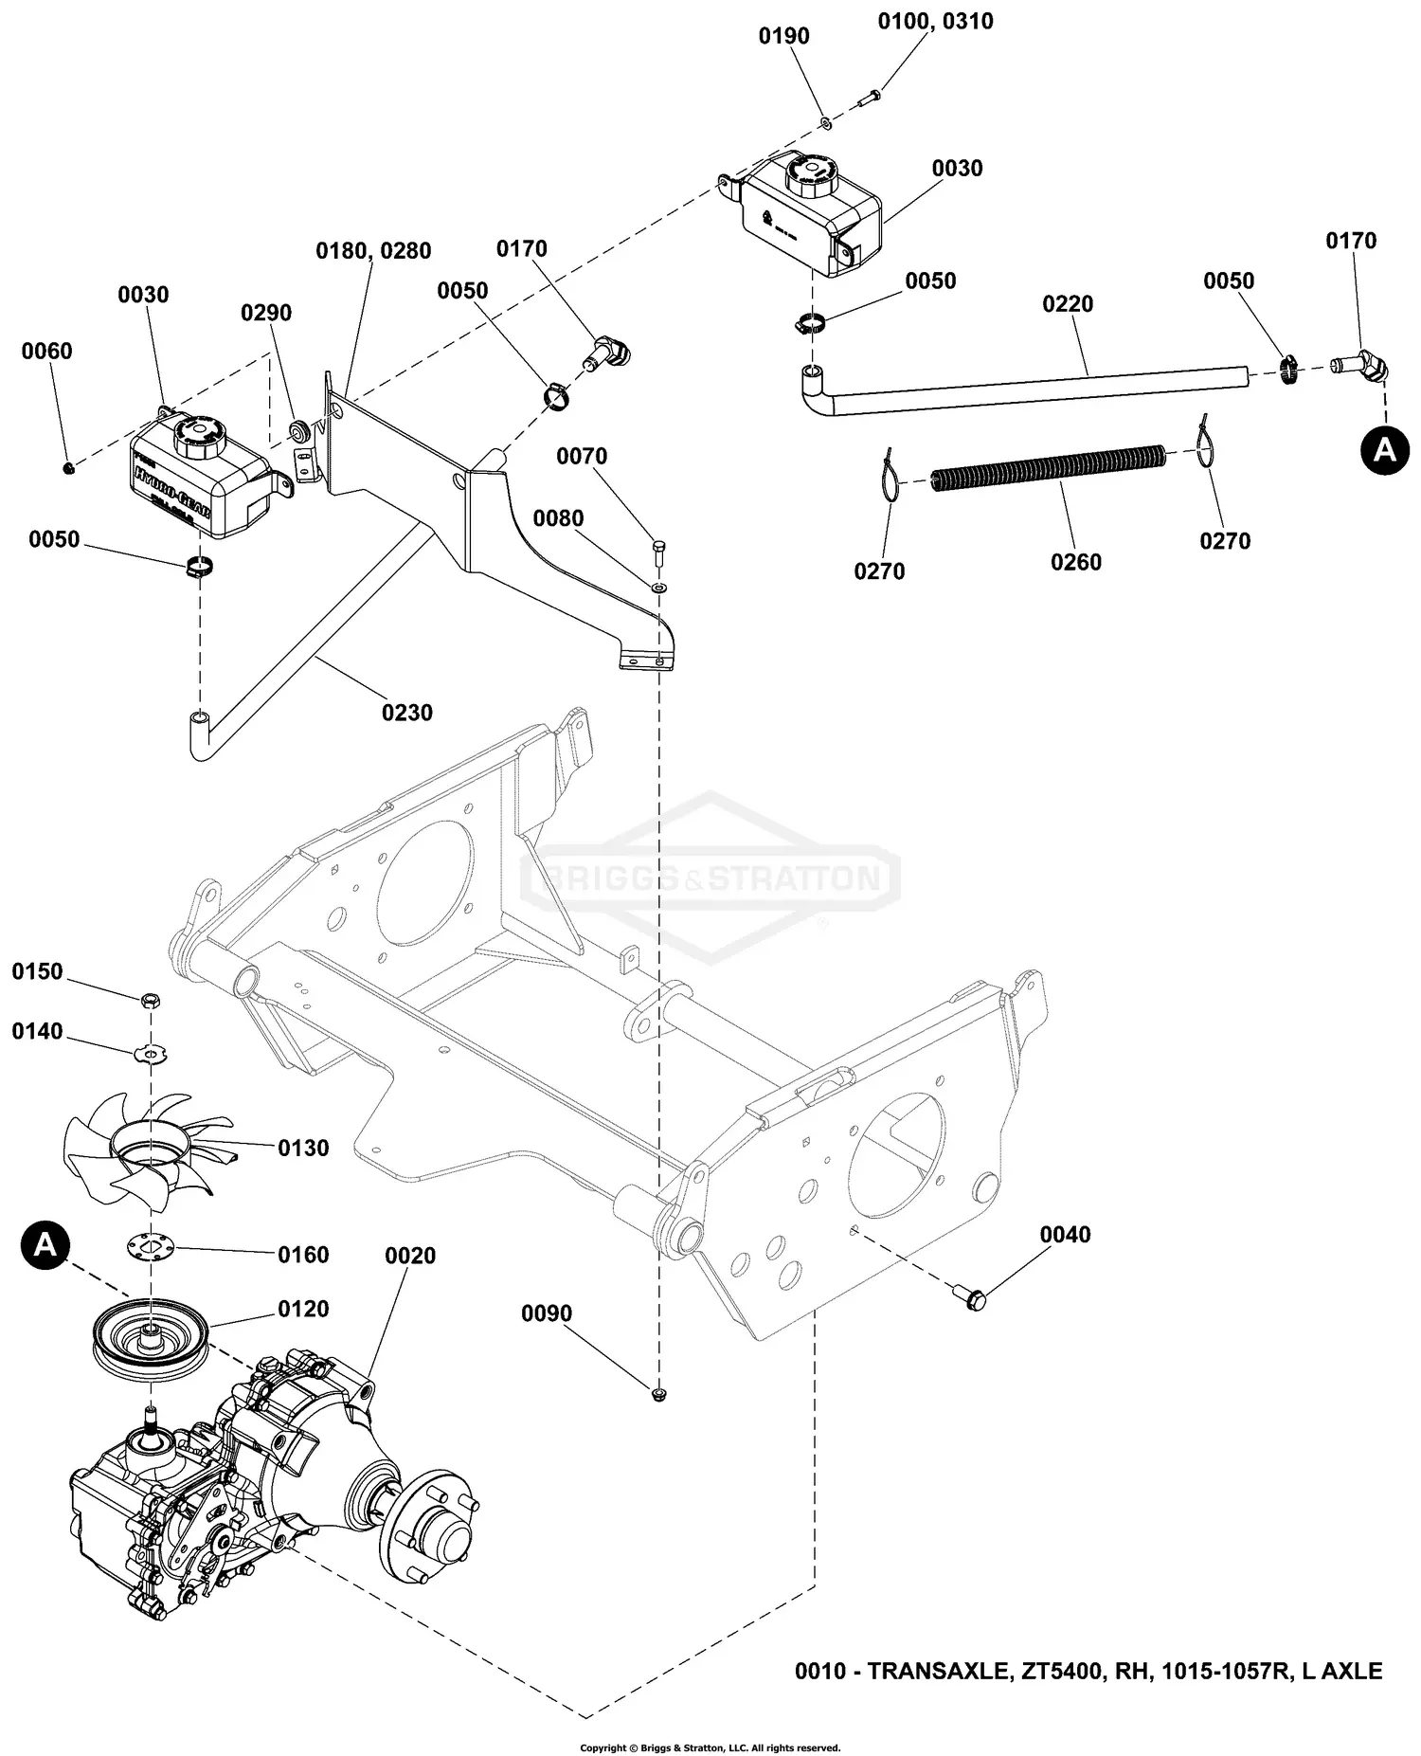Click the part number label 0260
click(x=1075, y=562)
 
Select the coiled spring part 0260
click(x=1047, y=469)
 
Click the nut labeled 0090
click(x=658, y=1393)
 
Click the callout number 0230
click(x=407, y=712)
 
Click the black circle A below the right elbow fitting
click(x=1385, y=449)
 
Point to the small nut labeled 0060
click(x=68, y=468)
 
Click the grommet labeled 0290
click(x=298, y=432)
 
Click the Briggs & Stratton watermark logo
click(x=710, y=878)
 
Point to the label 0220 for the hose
click(x=1068, y=304)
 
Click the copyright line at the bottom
click(x=710, y=1747)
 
